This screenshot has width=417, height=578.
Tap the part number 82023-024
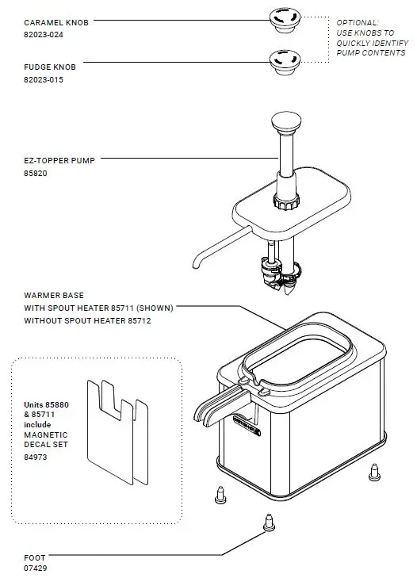[x=44, y=36]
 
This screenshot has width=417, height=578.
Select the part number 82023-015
[x=44, y=80]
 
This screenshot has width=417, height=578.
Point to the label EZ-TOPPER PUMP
[x=59, y=160]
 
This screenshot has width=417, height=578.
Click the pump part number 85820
[x=36, y=173]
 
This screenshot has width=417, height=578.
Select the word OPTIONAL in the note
[x=358, y=23]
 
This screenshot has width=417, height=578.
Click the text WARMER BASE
[x=54, y=295]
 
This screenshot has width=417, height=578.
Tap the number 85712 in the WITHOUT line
[x=136, y=321]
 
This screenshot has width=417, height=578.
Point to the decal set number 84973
[x=36, y=457]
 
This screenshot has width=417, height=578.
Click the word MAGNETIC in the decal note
[x=46, y=434]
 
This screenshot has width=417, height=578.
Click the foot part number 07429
[x=36, y=568]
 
